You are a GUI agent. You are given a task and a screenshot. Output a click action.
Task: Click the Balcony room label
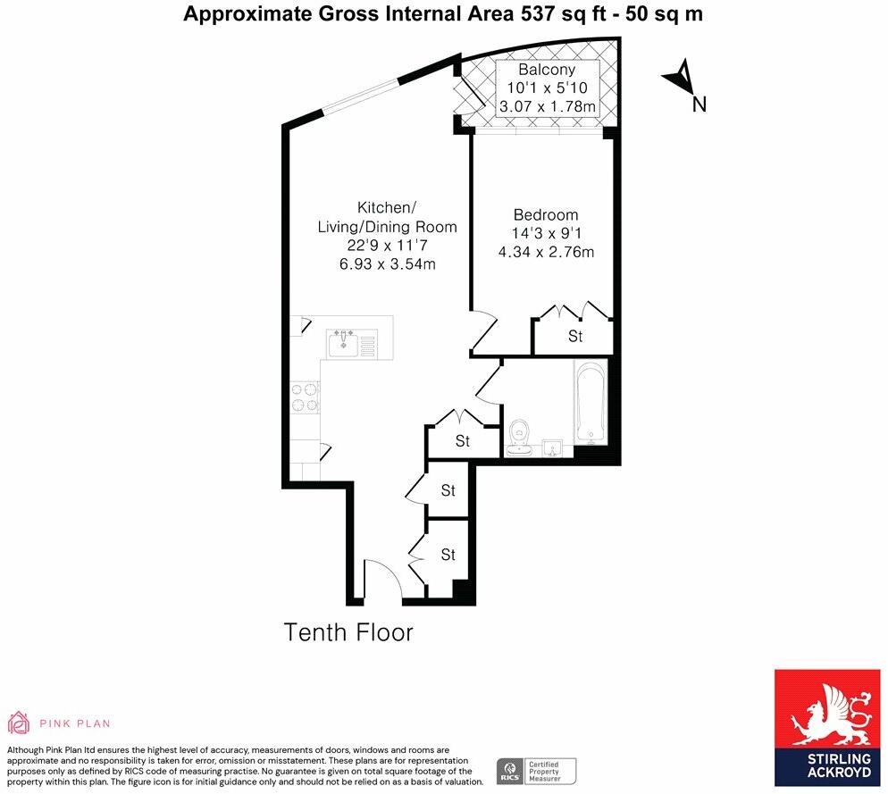click(x=547, y=70)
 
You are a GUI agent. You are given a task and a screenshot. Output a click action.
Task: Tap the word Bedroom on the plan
click(x=545, y=215)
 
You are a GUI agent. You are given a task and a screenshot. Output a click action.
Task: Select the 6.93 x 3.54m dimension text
click(x=387, y=264)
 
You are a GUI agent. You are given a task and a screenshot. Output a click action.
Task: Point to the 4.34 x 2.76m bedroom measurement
click(x=546, y=253)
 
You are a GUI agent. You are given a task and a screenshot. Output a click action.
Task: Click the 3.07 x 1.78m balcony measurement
click(x=547, y=107)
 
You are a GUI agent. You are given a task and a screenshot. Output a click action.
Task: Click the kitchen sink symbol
click(x=344, y=343)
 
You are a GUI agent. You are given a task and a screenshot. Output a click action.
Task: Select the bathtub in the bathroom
click(x=591, y=403)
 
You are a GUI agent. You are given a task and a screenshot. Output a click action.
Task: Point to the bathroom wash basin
click(x=551, y=446)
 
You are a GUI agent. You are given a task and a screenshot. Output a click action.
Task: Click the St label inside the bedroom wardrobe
click(x=575, y=337)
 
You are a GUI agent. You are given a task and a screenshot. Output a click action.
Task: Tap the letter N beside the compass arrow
click(x=700, y=104)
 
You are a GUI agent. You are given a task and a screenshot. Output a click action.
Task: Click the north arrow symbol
click(x=679, y=77)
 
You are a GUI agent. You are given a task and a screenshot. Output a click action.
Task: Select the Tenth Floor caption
click(x=348, y=633)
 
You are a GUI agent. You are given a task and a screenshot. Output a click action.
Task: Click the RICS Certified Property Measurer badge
click(x=537, y=771)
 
